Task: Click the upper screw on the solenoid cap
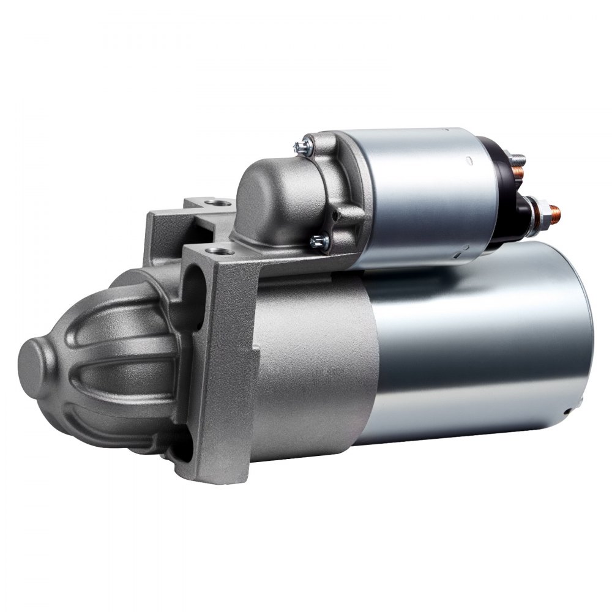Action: (x=302, y=146)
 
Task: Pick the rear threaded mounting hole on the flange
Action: (x=213, y=202)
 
